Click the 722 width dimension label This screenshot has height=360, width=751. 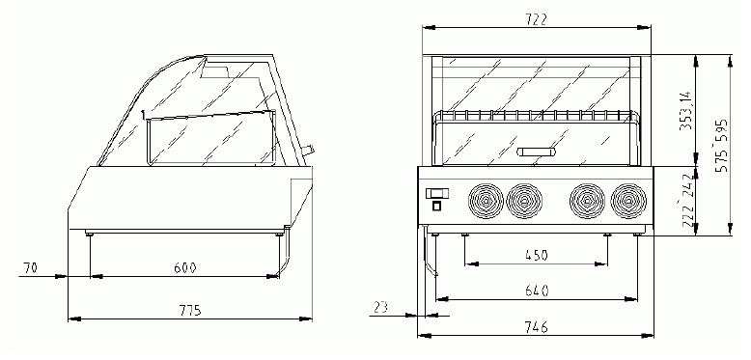(536, 20)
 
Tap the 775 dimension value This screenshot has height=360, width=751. (190, 311)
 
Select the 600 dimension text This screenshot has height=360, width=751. (185, 268)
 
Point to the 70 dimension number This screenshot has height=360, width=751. (30, 268)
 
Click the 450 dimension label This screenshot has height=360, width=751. (536, 255)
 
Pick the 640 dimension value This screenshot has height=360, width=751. (537, 291)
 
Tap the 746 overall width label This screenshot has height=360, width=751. (536, 327)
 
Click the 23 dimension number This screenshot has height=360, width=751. (381, 307)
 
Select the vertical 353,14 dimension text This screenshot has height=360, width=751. (685, 111)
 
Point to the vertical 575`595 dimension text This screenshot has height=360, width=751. (721, 145)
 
